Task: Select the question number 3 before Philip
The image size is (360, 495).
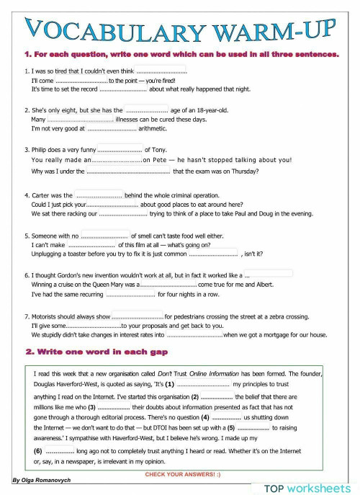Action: coord(26,150)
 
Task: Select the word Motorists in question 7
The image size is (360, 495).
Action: coord(48,316)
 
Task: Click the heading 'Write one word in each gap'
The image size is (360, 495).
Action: coord(96,352)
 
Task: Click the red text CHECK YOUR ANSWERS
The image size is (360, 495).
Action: coord(182,475)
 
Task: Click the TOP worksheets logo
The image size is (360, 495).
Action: coord(308,487)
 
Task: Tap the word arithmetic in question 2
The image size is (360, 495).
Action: coord(152,129)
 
